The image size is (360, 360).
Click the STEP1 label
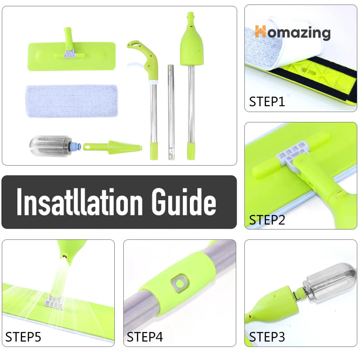tap(267, 102)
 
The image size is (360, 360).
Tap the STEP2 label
tap(267, 220)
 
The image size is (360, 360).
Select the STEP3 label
tap(267, 337)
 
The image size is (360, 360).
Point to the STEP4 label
tap(144, 337)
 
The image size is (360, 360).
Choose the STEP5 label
tap(23, 337)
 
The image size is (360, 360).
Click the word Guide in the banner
tap(184, 202)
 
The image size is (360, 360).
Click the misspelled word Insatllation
tap(80, 202)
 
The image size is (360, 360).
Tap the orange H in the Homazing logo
tap(261, 31)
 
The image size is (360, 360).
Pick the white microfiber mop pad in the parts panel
tap(72, 101)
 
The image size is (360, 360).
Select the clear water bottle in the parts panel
tap(50, 146)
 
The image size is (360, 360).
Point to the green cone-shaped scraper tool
tap(112, 147)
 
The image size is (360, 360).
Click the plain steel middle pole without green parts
tap(171, 112)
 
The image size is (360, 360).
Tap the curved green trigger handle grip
tap(144, 58)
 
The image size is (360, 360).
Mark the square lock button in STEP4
tap(180, 283)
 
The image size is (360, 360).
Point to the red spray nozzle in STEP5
tap(65, 256)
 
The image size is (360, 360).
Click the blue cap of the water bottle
tap(76, 145)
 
